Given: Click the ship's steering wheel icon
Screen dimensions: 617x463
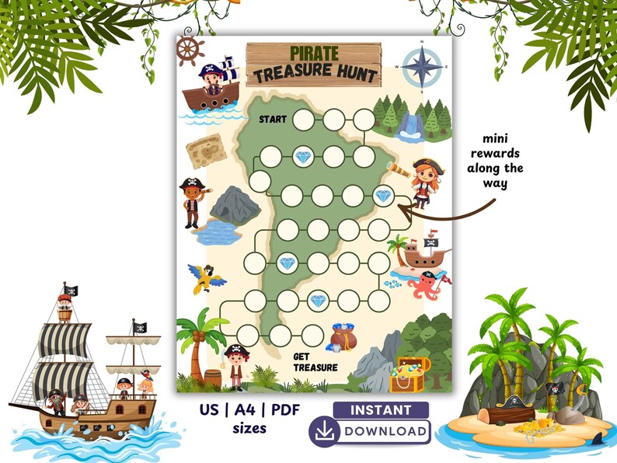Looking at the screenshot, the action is [x=190, y=50].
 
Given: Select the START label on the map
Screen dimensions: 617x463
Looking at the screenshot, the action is [x=273, y=120].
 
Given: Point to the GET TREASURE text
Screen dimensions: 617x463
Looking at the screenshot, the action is [x=315, y=362].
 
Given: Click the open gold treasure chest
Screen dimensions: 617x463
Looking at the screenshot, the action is [x=409, y=373].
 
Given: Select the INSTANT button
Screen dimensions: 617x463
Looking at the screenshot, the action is [x=381, y=409].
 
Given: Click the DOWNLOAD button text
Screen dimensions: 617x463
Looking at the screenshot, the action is [x=385, y=431].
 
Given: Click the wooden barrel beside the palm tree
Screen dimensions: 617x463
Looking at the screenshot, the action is [x=212, y=378].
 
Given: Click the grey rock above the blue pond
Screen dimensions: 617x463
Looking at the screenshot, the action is [x=235, y=204].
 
